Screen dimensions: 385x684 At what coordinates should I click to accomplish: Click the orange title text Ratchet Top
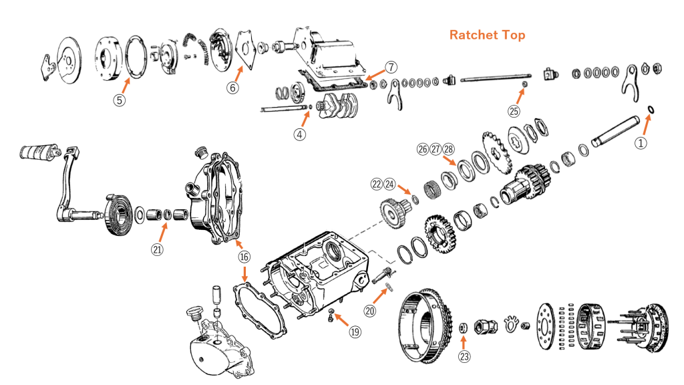pos(487,35)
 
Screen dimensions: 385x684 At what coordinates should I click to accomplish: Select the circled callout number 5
pos(119,100)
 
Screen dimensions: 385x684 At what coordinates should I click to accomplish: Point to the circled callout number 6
pos(232,87)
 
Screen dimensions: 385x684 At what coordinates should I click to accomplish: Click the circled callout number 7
pos(391,67)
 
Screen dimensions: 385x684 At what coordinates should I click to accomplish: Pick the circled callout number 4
pos(300,134)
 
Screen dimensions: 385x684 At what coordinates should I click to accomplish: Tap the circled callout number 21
pos(157,250)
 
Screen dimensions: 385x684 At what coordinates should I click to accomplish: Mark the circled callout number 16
pos(244,256)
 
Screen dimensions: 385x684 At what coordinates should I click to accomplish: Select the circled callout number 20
pos(371,310)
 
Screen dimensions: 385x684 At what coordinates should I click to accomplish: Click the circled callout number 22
pos(378,183)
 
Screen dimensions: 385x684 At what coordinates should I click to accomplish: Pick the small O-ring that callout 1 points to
pos(651,109)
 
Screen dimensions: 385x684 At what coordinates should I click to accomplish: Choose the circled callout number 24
pos(390,183)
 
